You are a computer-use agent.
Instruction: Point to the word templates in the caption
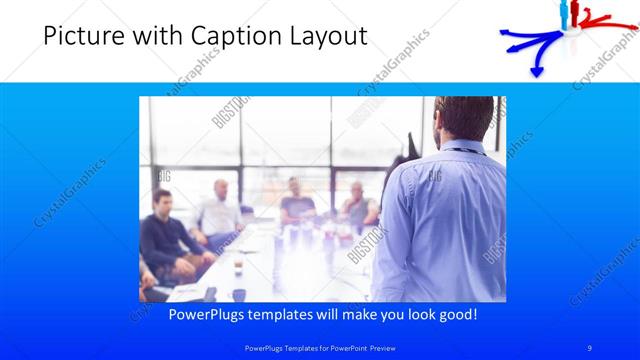click(294, 314)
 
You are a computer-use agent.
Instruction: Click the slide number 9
click(590, 347)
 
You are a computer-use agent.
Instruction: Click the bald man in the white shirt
click(219, 210)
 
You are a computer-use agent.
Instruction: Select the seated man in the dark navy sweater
click(160, 235)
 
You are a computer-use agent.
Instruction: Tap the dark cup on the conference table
click(239, 293)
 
